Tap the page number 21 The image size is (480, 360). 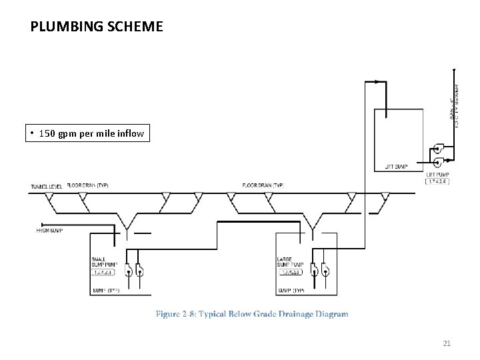[x=447, y=343]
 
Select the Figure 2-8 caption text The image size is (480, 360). [x=252, y=313]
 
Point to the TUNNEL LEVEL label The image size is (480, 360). [x=47, y=186]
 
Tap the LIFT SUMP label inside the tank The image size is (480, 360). [x=397, y=167]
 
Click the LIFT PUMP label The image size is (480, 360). [x=437, y=174]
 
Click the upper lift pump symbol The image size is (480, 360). [x=438, y=148]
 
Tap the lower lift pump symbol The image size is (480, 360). [x=438, y=161]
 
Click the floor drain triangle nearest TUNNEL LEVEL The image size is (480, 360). [x=49, y=196]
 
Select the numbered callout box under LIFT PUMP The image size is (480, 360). [x=438, y=181]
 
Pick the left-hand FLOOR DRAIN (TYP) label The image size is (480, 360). [x=87, y=185]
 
